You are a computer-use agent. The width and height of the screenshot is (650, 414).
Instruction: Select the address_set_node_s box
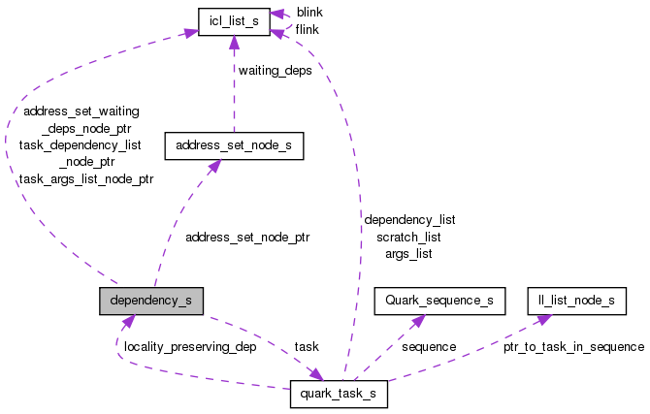(234, 146)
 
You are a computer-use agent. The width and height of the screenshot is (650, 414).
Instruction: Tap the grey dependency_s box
(150, 301)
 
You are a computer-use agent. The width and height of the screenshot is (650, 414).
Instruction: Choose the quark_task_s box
(339, 396)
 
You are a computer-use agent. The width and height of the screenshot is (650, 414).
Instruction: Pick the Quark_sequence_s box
(439, 301)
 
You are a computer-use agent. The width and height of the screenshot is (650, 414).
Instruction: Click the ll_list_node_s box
(576, 301)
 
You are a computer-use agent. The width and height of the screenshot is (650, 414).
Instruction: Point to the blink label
(309, 12)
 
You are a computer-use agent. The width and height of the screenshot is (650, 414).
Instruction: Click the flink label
(308, 29)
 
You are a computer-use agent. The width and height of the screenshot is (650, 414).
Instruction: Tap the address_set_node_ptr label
(246, 237)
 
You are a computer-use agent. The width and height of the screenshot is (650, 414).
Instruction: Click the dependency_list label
(408, 220)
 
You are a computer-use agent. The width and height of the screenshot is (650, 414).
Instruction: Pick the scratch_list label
(408, 237)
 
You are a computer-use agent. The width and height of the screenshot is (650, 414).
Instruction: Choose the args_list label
(408, 253)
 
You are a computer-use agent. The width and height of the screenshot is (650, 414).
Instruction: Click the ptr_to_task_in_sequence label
(573, 346)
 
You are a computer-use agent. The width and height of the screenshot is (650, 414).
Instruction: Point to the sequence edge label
(428, 346)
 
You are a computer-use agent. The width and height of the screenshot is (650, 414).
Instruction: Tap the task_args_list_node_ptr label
(86, 178)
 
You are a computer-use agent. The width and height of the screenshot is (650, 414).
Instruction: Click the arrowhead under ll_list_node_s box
(545, 319)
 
